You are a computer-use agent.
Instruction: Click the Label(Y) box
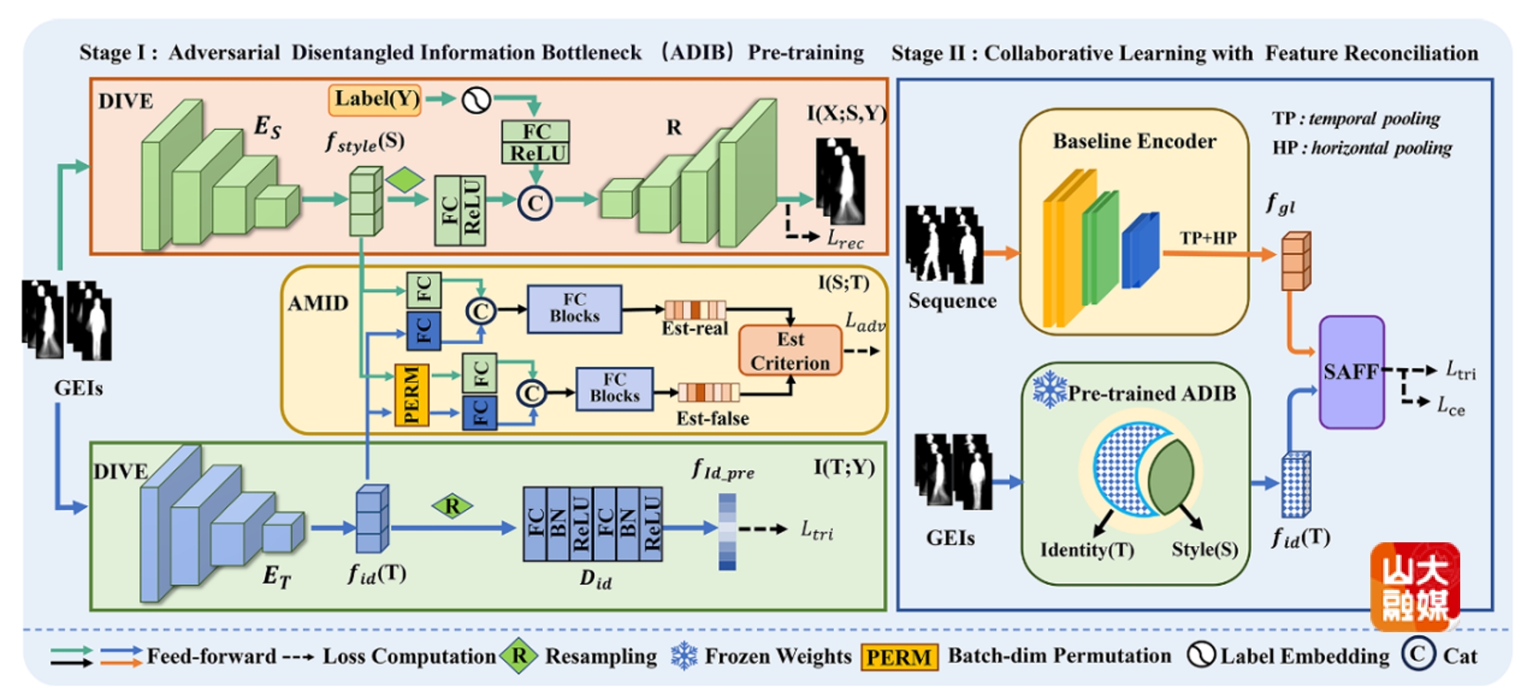[375, 100]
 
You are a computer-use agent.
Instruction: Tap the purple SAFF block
[1351, 372]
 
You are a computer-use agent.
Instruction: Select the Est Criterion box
[790, 351]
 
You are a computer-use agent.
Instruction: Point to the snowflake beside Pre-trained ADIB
[1049, 389]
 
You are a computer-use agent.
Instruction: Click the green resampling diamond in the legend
[519, 656]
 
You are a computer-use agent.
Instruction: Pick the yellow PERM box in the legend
[899, 658]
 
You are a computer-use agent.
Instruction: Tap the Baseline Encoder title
[1134, 141]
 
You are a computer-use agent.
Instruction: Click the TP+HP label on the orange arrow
[1208, 238]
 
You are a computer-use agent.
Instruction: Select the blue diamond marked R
[452, 506]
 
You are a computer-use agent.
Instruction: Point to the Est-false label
[712, 419]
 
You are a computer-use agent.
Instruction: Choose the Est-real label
[694, 329]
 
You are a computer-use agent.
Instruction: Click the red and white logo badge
[1415, 587]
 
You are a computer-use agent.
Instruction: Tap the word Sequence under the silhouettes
[952, 301]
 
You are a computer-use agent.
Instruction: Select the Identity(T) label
[1086, 550]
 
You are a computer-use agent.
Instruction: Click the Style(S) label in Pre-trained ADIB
[1204, 550]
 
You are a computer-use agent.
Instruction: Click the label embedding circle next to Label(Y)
[476, 100]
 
